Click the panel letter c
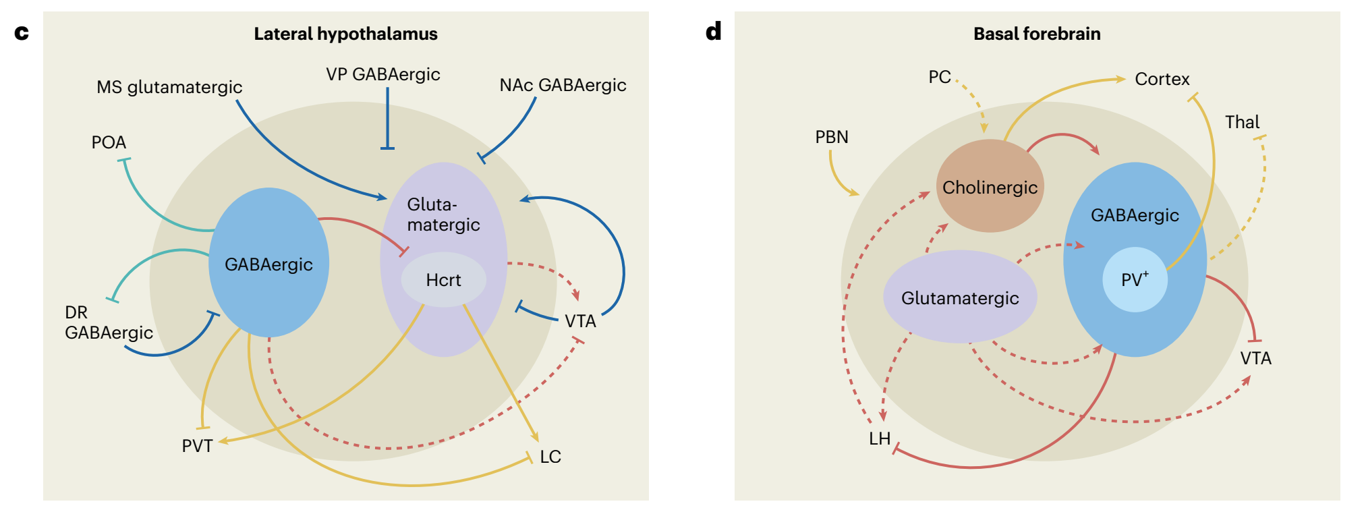point(22,32)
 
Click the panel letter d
point(713,31)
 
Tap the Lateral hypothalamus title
point(345,34)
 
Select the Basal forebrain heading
point(1037,34)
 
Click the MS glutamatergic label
point(169,87)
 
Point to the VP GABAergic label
point(383,74)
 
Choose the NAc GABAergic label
point(563,85)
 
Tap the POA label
point(109,142)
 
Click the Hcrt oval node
point(443,279)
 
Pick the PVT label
point(197,446)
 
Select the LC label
point(550,457)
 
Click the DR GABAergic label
point(109,322)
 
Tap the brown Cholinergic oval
point(990,187)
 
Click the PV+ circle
point(1135,279)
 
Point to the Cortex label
point(1162,79)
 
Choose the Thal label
point(1242,122)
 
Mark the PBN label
point(832,137)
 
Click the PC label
point(939,77)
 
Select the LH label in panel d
point(880,438)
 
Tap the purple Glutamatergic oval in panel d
point(960,297)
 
